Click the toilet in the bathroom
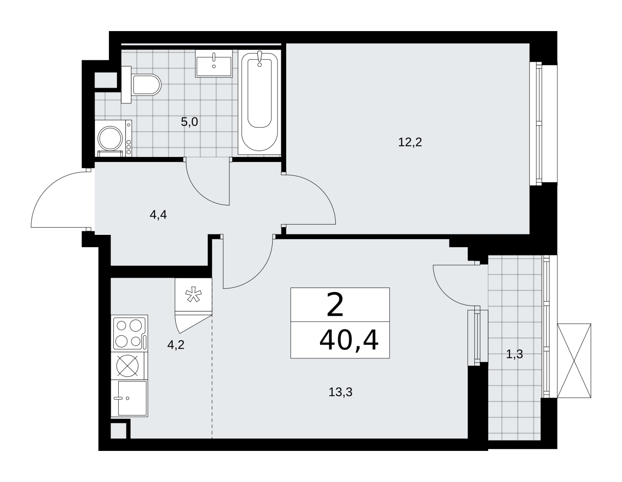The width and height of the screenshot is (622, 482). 141,85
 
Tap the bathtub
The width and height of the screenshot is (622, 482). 259,102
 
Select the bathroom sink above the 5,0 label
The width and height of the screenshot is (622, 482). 214,63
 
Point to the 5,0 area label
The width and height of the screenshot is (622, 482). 189,122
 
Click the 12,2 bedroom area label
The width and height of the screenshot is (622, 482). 410,142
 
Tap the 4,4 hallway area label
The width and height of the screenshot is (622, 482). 158,215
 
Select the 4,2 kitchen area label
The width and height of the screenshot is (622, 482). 176,345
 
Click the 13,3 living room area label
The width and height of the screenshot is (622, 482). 340,392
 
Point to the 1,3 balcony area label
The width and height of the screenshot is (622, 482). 514,355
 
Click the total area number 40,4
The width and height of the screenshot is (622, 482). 349,341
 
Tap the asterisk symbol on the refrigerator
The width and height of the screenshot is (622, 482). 194,295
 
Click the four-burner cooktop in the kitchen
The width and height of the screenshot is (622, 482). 130,333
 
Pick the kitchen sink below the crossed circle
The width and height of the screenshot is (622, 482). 129,398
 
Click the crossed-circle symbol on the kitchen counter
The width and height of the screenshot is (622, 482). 128,365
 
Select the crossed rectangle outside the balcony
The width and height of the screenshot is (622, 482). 574,361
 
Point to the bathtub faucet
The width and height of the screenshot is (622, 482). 260,58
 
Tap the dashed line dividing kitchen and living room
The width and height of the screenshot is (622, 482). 212,377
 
